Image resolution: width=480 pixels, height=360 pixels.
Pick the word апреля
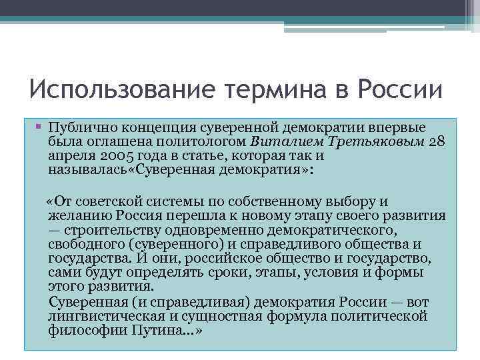67,157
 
